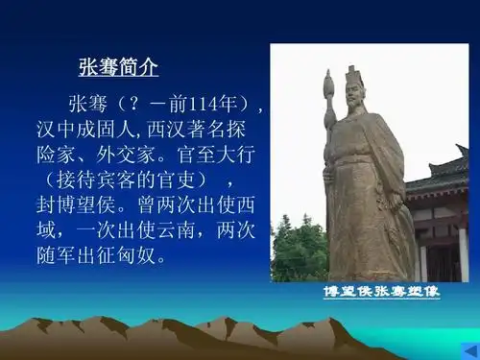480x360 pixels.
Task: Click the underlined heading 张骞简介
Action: point(117,68)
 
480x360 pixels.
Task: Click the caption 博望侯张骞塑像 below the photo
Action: point(380,292)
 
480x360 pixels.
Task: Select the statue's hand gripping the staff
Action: point(332,173)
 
